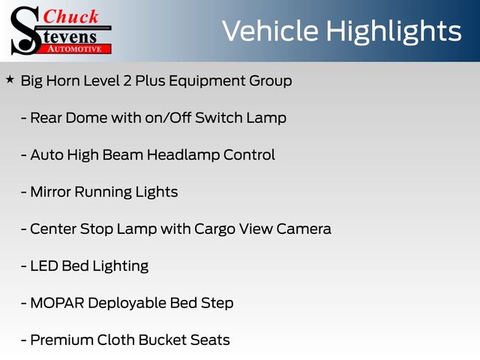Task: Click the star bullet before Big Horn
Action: pos(10,80)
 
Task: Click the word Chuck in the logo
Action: pos(70,16)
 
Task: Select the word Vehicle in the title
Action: pos(270,31)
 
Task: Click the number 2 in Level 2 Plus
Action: pos(127,81)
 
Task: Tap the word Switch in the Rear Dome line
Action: pos(219,118)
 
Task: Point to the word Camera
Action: pos(304,229)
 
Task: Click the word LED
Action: pos(44,266)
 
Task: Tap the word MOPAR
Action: pos(57,303)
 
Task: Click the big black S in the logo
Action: pos(25,31)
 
